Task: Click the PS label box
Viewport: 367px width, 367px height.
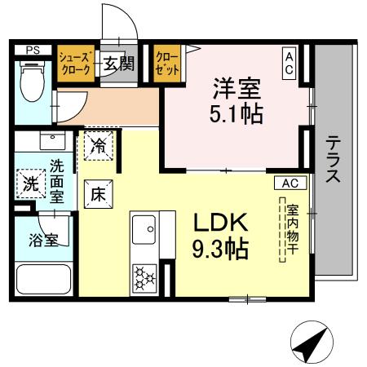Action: pyautogui.click(x=33, y=51)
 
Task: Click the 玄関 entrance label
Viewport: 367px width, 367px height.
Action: pyautogui.click(x=117, y=64)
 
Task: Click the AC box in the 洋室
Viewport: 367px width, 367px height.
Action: pyautogui.click(x=290, y=64)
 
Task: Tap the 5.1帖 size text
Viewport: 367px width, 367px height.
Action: pyautogui.click(x=237, y=114)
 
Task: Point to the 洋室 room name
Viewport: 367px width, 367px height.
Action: pyautogui.click(x=237, y=86)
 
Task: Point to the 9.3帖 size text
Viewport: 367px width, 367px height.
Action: pyautogui.click(x=220, y=247)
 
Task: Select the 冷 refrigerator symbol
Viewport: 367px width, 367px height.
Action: pyautogui.click(x=98, y=148)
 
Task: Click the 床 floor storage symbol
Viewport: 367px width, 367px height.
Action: pyautogui.click(x=97, y=194)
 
